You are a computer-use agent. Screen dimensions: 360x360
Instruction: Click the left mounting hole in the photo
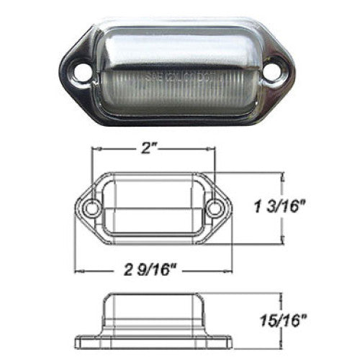point(82,72)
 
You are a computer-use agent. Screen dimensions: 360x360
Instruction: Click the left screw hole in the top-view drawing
point(91,210)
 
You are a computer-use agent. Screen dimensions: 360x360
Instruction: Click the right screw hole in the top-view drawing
point(214,210)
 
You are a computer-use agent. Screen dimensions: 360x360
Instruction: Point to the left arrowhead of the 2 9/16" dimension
point(80,271)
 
